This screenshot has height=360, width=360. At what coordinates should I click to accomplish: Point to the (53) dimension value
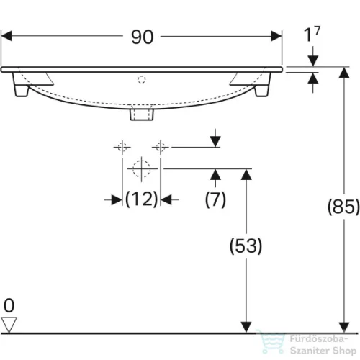[x=246, y=245]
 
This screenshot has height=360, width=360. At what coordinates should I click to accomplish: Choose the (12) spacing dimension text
[x=141, y=200]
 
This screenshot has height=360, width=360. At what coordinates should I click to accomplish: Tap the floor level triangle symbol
[x=9, y=325]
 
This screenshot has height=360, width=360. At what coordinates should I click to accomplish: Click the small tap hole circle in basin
[x=141, y=78]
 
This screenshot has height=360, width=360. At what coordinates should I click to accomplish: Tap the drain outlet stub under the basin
[x=141, y=113]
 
